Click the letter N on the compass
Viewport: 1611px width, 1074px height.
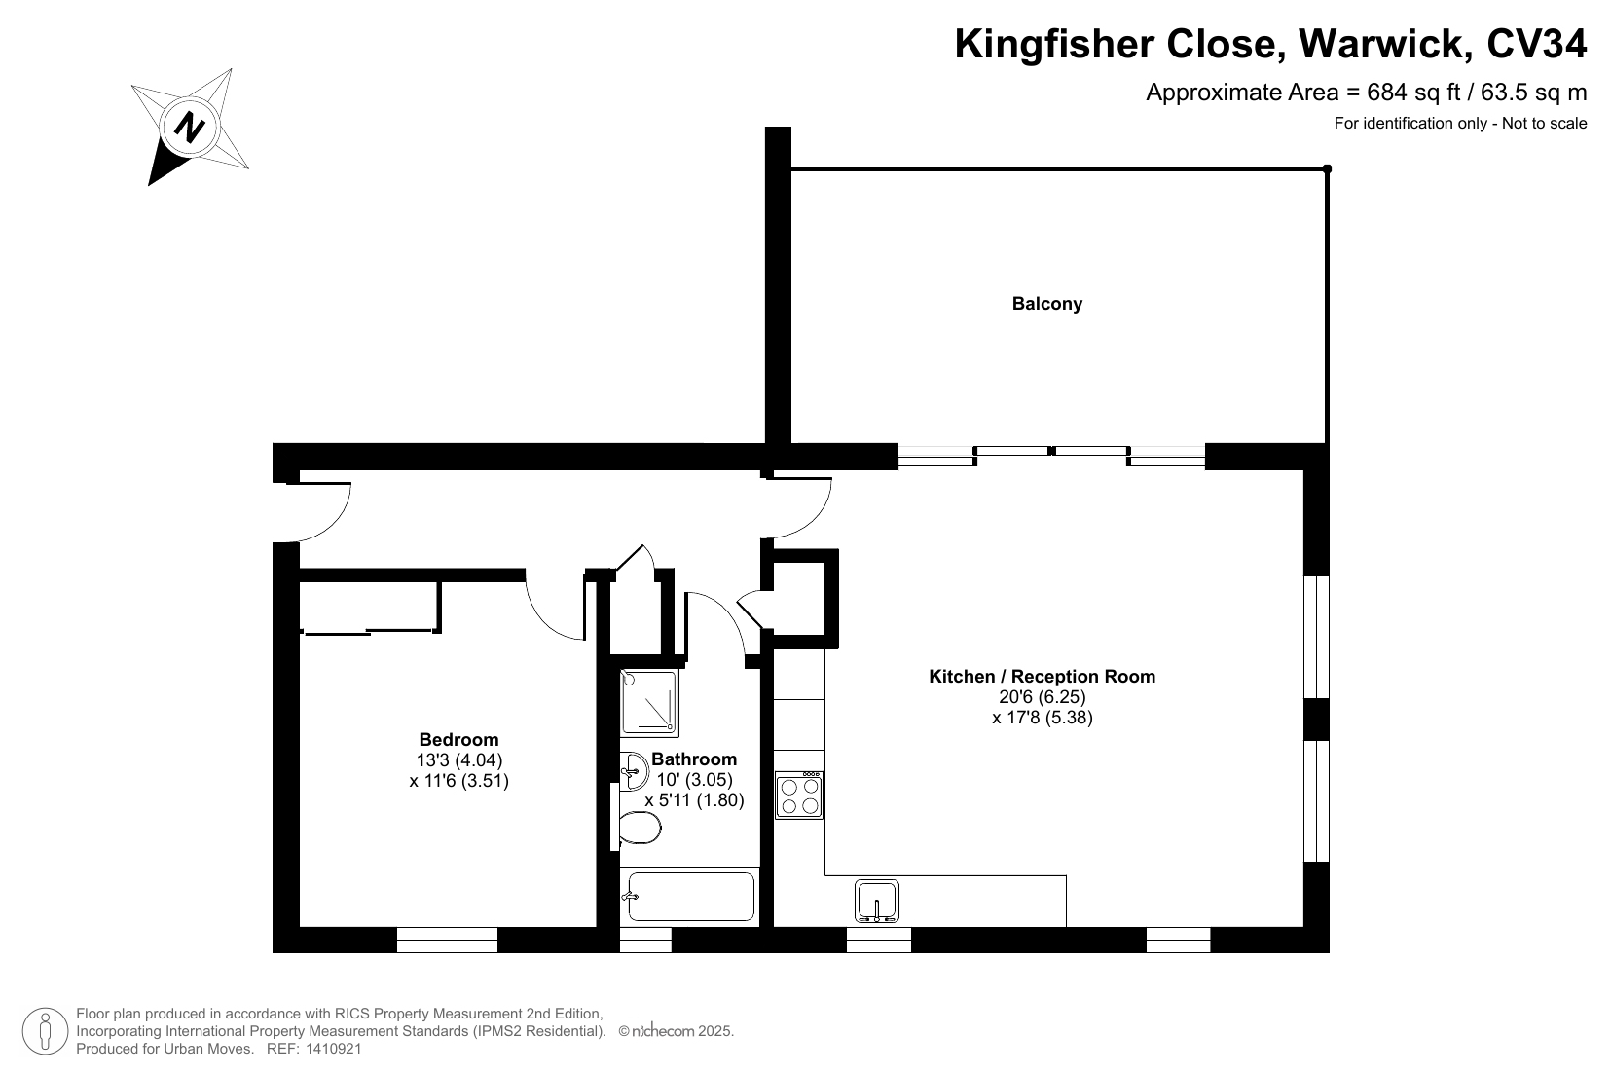(x=190, y=128)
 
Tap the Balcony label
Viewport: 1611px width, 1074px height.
(x=1046, y=304)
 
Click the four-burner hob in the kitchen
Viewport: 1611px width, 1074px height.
(x=798, y=795)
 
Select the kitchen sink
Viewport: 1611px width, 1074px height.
(x=877, y=902)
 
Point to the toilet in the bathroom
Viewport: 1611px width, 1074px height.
(x=639, y=829)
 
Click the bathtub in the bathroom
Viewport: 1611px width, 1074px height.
(x=690, y=897)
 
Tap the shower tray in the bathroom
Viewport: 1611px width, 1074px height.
(x=649, y=703)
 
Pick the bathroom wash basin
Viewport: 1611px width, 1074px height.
(x=634, y=771)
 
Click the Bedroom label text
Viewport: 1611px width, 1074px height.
(x=458, y=739)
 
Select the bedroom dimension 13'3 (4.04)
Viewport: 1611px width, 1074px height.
(x=458, y=759)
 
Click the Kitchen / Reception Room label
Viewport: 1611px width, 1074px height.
(x=1042, y=676)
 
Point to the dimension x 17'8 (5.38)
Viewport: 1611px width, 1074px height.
(x=1043, y=718)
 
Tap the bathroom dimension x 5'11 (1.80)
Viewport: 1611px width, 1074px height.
(x=694, y=800)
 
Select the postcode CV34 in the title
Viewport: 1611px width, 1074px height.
(x=1536, y=44)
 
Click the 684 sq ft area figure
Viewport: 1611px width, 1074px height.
(x=1414, y=93)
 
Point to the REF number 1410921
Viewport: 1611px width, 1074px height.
(x=333, y=1049)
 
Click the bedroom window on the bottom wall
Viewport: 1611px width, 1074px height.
(x=447, y=941)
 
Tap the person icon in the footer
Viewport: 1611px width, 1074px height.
(x=46, y=1031)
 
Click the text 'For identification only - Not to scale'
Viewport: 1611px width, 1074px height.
(x=1460, y=123)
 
